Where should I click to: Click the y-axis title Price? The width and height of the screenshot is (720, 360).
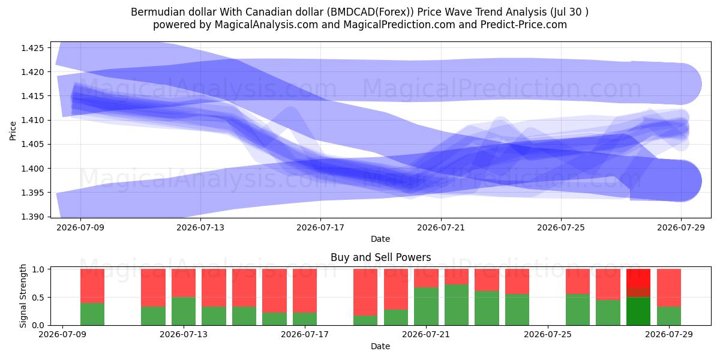pyautogui.click(x=13, y=131)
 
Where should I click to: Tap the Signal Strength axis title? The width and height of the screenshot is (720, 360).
pyautogui.click(x=23, y=296)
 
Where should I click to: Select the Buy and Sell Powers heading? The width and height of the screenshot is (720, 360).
pyautogui.click(x=380, y=257)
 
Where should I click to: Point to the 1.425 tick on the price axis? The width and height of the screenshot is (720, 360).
pyautogui.click(x=32, y=48)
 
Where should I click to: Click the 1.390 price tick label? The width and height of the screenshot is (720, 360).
pyautogui.click(x=32, y=217)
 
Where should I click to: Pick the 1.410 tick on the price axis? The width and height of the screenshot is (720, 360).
pyautogui.click(x=32, y=120)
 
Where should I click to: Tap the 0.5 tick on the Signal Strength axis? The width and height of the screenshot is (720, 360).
pyautogui.click(x=38, y=298)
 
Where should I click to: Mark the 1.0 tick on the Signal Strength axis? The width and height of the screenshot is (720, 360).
pyautogui.click(x=38, y=269)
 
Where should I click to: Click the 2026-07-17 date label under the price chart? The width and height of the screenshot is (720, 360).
pyautogui.click(x=320, y=227)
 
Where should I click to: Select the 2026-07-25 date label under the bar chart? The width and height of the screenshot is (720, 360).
pyautogui.click(x=548, y=335)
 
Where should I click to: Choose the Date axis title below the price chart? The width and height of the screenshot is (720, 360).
pyautogui.click(x=380, y=239)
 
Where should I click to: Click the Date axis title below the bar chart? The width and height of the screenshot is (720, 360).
pyautogui.click(x=380, y=346)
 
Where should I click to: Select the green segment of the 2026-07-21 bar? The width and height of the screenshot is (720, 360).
pyautogui.click(x=426, y=306)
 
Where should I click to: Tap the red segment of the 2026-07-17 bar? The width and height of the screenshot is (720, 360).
pyautogui.click(x=305, y=290)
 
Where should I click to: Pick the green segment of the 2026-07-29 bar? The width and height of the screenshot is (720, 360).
pyautogui.click(x=669, y=316)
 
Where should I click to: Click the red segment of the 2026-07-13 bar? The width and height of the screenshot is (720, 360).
pyautogui.click(x=184, y=283)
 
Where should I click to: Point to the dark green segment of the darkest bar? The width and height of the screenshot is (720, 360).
pyautogui.click(x=638, y=311)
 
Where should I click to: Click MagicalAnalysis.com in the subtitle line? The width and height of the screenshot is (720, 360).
pyautogui.click(x=266, y=25)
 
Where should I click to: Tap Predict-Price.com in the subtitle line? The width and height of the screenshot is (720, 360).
pyautogui.click(x=524, y=25)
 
